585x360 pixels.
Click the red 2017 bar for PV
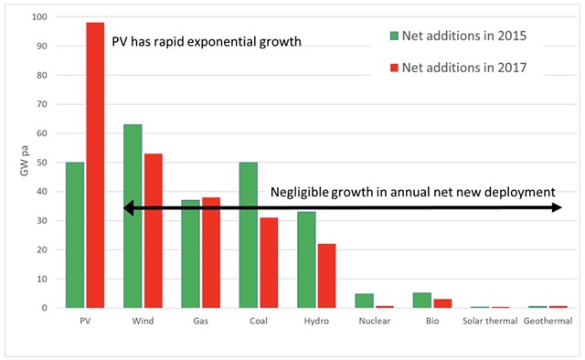point(95,165)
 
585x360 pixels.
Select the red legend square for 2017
point(394,67)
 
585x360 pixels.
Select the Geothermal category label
point(548,322)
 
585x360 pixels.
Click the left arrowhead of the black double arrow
point(129,209)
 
